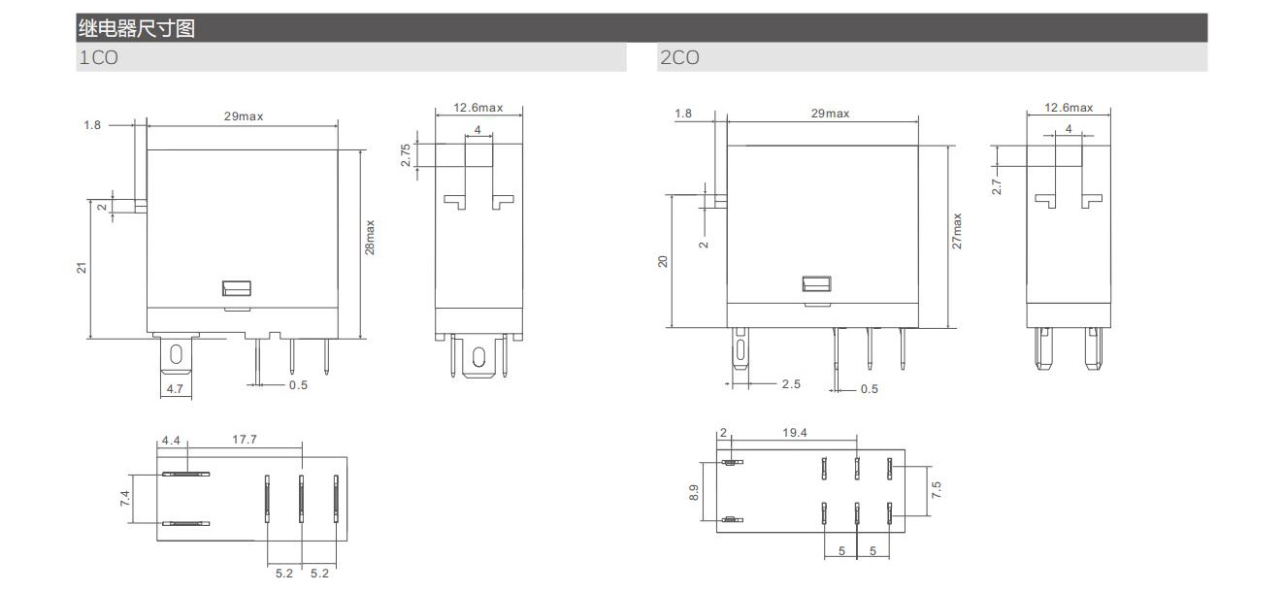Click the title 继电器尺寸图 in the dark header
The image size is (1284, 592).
coord(137,28)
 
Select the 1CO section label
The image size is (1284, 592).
coord(99,57)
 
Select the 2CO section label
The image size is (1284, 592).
coord(679,57)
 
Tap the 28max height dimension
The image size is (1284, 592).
coord(370,237)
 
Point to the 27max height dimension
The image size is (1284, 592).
coord(957,231)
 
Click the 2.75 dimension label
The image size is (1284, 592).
coord(406,155)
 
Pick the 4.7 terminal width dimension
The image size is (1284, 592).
coord(175,388)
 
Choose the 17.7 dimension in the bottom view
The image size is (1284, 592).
coord(245,439)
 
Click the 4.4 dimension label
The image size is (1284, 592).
coord(171,441)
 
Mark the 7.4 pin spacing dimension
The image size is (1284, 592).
coord(125,498)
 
